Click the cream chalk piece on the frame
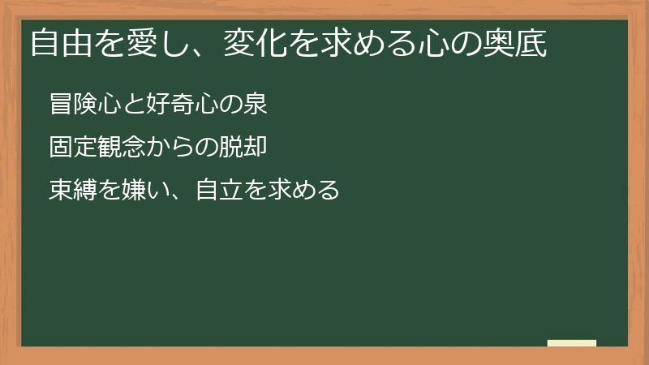(571, 344)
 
